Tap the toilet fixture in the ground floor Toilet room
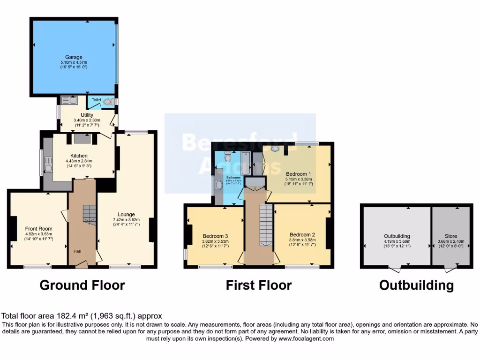(x=108, y=101)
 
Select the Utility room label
(x=87, y=115)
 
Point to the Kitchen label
(x=79, y=156)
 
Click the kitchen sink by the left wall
(x=48, y=164)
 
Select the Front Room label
(x=38, y=229)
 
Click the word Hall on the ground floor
(x=76, y=251)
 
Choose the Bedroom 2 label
(x=302, y=235)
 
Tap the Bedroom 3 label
(x=215, y=236)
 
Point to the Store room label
(x=450, y=236)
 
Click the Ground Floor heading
(x=82, y=285)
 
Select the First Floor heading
(x=259, y=285)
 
